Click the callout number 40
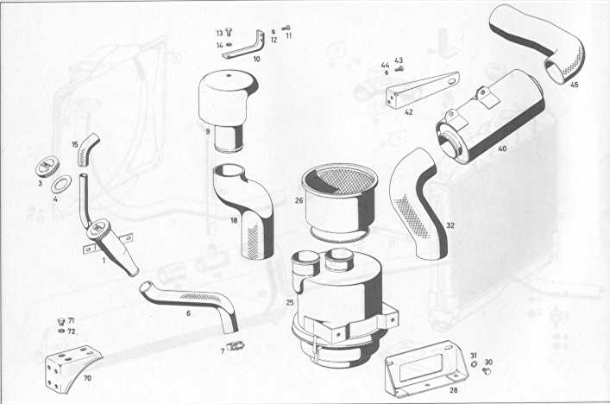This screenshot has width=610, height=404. [x=502, y=148]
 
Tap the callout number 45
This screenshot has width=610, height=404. [x=574, y=85]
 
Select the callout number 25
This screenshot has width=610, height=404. [x=290, y=302]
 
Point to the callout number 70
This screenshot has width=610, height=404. [x=87, y=378]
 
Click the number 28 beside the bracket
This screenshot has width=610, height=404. [x=453, y=389]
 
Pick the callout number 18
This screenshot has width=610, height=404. [x=234, y=221]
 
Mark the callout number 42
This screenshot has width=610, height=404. [x=408, y=112]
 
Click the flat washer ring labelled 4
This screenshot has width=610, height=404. [x=61, y=184]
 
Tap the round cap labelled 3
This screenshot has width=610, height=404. [x=47, y=167]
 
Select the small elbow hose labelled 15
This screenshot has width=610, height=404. [x=87, y=148]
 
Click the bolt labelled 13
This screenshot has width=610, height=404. [x=229, y=33]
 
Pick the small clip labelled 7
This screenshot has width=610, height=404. [x=236, y=345]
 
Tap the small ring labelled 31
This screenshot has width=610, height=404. [x=474, y=363]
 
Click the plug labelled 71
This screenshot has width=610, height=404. [x=60, y=321]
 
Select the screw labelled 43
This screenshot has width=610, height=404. [x=399, y=69]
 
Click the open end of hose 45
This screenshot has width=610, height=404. [x=554, y=72]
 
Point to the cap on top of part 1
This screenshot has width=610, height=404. [x=98, y=229]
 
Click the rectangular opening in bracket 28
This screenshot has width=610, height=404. [x=420, y=367]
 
